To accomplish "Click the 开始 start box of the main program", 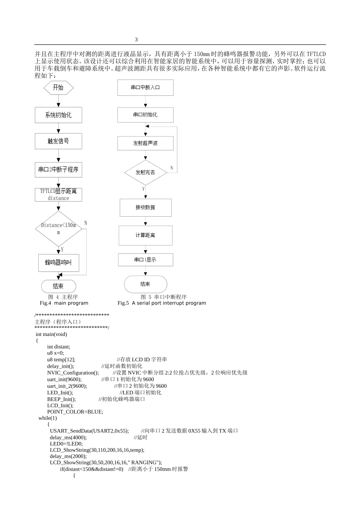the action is [x=58, y=88].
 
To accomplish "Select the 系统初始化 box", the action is [x=58, y=115].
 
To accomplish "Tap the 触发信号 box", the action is [x=58, y=141].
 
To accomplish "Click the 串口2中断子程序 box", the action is [x=58, y=170].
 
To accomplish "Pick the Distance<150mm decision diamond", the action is [x=58, y=228].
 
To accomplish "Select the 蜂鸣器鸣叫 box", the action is [x=58, y=263].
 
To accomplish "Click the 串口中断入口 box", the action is [x=146, y=87].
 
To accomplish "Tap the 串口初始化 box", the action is [x=146, y=115].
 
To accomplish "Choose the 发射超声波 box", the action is [x=146, y=144].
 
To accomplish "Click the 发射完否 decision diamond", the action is [x=146, y=172].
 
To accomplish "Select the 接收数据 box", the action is [x=146, y=208].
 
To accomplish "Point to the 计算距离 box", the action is [x=146, y=235].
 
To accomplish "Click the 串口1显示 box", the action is [x=146, y=260].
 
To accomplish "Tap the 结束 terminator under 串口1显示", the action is [x=146, y=284].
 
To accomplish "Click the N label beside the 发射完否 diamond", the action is [x=172, y=168].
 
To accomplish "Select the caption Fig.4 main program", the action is [x=64, y=303].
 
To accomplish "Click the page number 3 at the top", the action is [x=136, y=40].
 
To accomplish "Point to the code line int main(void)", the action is [x=51, y=334].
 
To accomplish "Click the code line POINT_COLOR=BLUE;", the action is [x=75, y=412].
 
